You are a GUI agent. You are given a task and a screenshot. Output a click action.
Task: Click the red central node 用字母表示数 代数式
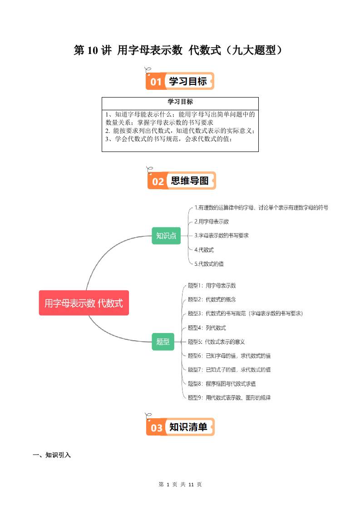[84, 303]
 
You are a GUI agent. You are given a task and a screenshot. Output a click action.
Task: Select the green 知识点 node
[166, 235]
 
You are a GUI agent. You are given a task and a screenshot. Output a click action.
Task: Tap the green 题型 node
[163, 341]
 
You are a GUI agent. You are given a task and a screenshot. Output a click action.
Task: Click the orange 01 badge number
[156, 82]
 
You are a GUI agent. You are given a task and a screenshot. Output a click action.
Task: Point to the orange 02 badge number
[158, 181]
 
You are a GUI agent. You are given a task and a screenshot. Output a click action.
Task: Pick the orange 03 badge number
[156, 428]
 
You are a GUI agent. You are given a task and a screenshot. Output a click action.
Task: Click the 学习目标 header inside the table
[180, 102]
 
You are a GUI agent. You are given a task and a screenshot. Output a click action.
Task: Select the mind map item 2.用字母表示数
[212, 222]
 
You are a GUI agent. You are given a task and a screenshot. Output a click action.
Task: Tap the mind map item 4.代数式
[204, 250]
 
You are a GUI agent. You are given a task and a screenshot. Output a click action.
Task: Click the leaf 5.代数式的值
[209, 264]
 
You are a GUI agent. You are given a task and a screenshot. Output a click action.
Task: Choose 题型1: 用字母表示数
[212, 286]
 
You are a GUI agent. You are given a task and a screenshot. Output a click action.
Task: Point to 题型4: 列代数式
[207, 328]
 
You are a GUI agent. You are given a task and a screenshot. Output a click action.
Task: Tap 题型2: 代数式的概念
[212, 300]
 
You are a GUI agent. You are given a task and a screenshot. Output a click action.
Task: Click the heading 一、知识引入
[52, 455]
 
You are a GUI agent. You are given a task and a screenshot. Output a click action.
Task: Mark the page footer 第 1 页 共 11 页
[180, 485]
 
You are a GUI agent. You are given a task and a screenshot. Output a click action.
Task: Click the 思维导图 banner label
[189, 181]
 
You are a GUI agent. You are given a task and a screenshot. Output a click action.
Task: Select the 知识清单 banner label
[188, 427]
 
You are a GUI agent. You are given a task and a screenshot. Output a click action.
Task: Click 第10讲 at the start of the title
[92, 50]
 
